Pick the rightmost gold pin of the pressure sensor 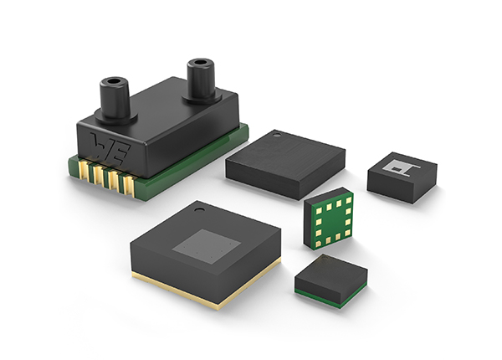pyautogui.click(x=129, y=187)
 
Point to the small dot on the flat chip pyautogui.click(x=276, y=136)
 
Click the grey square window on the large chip pyautogui.click(x=207, y=247)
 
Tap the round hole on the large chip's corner pyautogui.click(x=199, y=210)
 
